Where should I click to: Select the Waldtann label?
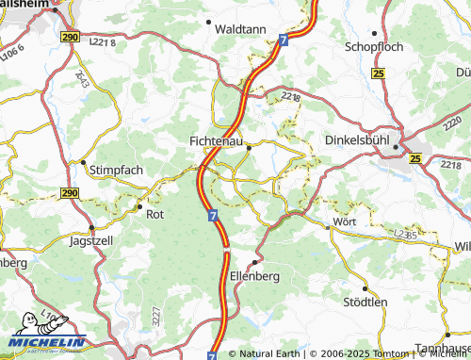click(240, 29)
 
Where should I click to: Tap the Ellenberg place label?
click(255, 277)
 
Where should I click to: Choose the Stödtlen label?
click(366, 303)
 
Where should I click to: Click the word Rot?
click(155, 213)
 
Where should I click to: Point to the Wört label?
click(346, 222)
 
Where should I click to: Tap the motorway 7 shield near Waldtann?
click(284, 39)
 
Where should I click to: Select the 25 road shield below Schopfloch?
click(378, 74)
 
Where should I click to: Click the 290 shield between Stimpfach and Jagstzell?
click(70, 192)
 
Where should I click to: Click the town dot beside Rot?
click(139, 206)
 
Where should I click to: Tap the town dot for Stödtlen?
click(365, 288)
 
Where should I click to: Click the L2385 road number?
click(406, 232)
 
